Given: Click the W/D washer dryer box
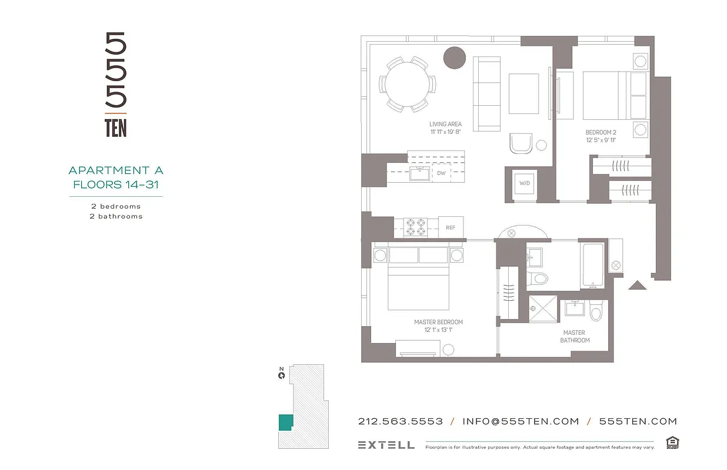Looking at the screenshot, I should [523, 183].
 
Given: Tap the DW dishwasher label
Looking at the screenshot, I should [441, 173].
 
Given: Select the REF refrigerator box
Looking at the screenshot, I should [451, 227].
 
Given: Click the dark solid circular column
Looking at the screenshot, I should [454, 58].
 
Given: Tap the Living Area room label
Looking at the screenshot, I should [445, 125].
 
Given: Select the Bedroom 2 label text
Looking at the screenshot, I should [601, 133].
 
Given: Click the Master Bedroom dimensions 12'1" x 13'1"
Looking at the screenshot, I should [438, 330].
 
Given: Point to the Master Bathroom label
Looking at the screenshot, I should [574, 337].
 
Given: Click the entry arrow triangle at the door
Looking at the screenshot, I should [637, 285].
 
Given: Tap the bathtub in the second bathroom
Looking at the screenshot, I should [592, 265].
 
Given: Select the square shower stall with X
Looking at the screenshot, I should [542, 309].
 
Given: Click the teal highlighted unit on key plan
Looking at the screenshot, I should [285, 422].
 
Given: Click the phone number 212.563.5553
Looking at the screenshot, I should [400, 421].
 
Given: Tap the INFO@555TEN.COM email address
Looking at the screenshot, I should [521, 421].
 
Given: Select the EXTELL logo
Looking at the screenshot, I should [386, 445].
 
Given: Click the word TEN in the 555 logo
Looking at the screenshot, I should [116, 128].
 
